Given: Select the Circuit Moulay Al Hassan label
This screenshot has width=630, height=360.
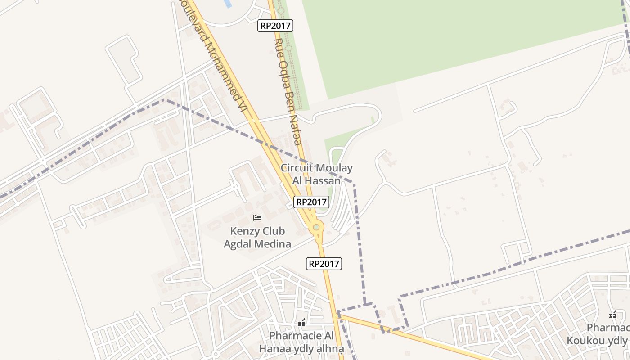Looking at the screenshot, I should (316, 174).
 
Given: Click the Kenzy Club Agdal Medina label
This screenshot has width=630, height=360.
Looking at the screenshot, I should (257, 238).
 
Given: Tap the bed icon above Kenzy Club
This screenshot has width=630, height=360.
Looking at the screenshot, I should (257, 218).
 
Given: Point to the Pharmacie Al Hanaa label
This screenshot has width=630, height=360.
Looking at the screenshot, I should (301, 342).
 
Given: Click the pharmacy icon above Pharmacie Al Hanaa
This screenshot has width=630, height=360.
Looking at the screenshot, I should (301, 322).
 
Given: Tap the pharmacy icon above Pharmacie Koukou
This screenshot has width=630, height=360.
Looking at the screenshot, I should (612, 314).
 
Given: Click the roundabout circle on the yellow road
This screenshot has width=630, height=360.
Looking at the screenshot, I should (316, 228).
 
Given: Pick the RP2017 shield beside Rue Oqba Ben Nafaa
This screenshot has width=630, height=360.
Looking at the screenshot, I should (275, 26).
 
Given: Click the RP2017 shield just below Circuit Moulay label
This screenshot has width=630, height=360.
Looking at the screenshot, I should (311, 202).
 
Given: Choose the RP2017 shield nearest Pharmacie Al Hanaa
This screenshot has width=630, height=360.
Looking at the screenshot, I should (324, 264).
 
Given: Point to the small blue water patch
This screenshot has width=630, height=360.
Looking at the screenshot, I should (227, 4).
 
